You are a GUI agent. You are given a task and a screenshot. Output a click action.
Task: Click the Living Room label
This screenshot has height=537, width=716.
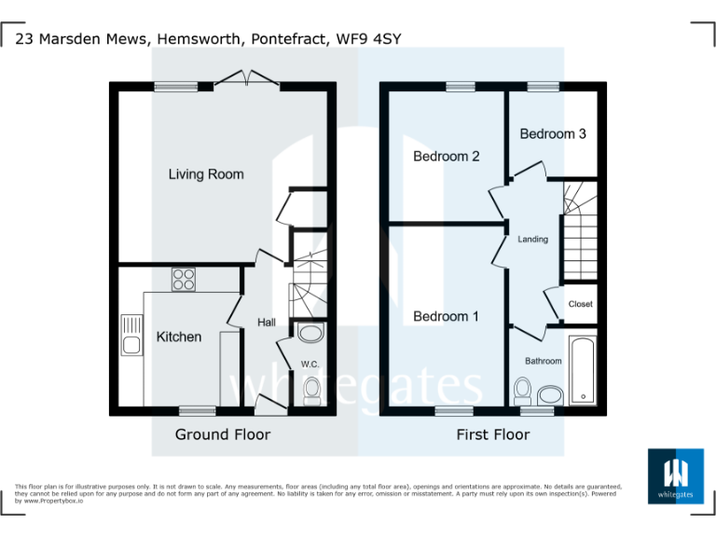(x=206, y=174)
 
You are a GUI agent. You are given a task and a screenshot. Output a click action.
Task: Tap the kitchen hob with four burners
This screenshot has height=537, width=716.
(x=183, y=279)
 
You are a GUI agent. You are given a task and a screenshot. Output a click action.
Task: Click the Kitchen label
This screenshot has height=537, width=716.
(x=178, y=337)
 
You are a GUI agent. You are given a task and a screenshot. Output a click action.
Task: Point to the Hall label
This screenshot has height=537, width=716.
(x=267, y=323)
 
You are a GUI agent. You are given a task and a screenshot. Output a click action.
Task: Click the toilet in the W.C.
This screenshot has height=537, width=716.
(x=311, y=390)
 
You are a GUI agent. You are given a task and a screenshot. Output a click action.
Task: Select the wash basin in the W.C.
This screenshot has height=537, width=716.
(x=310, y=334)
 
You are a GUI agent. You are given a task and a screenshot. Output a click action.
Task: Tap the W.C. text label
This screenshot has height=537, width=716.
(x=310, y=364)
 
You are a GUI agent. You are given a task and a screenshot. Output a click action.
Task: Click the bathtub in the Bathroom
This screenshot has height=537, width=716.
(x=582, y=371)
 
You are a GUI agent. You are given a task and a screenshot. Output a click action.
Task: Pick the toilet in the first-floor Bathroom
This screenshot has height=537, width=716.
(x=523, y=388)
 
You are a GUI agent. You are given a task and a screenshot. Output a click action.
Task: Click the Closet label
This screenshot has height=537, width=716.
(x=580, y=304)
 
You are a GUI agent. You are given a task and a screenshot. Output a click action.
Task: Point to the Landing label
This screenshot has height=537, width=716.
(x=533, y=240)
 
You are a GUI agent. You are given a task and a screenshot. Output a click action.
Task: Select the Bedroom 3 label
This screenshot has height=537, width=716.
(x=553, y=134)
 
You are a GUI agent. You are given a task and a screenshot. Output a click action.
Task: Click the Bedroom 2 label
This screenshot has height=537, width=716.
(x=447, y=157)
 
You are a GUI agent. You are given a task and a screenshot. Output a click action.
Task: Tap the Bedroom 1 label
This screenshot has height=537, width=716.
(x=446, y=317)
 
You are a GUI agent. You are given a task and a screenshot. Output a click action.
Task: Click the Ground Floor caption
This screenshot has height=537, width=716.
(x=223, y=434)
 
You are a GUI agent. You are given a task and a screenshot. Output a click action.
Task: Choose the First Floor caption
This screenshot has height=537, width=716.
(x=492, y=434)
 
